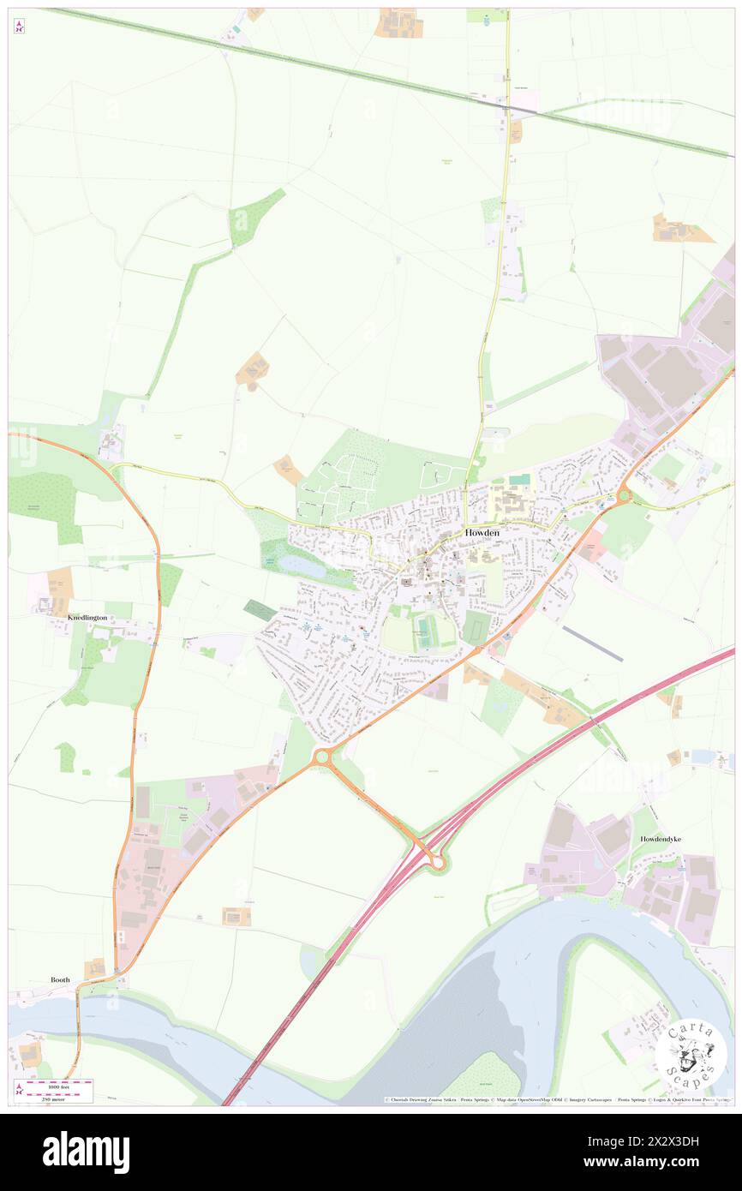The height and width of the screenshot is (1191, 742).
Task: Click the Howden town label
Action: coord(482,532)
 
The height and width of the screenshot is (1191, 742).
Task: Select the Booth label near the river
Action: coord(60,979)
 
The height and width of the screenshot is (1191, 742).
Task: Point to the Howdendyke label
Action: coord(661,839)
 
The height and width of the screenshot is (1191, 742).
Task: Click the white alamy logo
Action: coord(86,1152)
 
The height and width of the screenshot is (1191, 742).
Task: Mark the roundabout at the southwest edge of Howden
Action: coord(323,757)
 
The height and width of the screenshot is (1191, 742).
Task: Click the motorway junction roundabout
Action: coord(437,863)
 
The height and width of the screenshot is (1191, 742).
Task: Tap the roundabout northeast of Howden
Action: coord(623,495)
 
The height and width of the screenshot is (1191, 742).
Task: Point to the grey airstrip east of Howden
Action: coord(593,643)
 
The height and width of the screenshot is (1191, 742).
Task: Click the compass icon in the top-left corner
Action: coord(19,26)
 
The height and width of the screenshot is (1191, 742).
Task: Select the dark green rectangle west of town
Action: coord(260,610)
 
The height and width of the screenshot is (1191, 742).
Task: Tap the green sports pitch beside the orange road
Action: coord(476,627)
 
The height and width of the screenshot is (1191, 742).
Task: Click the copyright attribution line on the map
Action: coord(557,1099)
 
